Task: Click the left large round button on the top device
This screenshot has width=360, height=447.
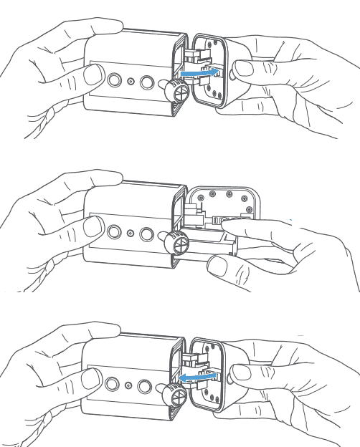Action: coord(113,79)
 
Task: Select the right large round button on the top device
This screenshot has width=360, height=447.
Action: coord(147,82)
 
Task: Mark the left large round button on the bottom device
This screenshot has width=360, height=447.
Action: coord(113,382)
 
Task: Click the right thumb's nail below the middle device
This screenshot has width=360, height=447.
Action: coord(218,266)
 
